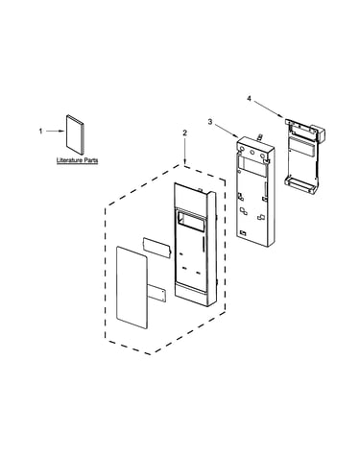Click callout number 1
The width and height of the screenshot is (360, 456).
click(x=40, y=132)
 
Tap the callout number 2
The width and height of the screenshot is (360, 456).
click(x=184, y=132)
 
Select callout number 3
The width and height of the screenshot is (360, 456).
click(x=210, y=122)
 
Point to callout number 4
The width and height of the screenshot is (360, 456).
click(x=249, y=99)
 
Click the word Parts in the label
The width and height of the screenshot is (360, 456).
click(x=91, y=160)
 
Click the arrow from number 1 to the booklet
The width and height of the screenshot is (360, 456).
click(x=56, y=132)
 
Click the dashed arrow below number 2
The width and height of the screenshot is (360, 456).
click(x=184, y=150)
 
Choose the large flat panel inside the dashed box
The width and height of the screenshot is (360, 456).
click(x=132, y=287)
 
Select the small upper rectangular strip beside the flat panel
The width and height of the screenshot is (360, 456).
click(x=157, y=248)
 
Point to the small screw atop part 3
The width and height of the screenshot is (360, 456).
click(x=260, y=137)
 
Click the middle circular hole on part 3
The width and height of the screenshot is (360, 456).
click(x=252, y=153)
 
